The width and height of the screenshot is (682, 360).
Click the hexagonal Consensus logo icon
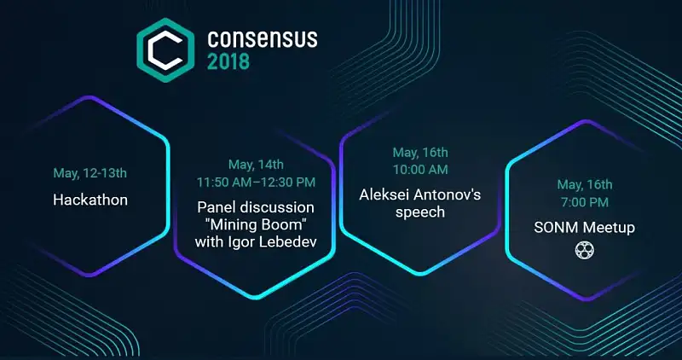coord(165,50)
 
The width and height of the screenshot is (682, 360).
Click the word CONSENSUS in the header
coord(263,39)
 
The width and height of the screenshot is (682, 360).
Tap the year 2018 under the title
coord(228,61)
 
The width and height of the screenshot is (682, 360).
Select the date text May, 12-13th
coord(90,173)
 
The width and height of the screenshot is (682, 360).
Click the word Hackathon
coord(90,200)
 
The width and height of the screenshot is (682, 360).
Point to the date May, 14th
coord(257,165)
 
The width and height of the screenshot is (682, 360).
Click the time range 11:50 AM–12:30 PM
coord(256,182)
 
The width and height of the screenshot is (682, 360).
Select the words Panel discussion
coord(256,207)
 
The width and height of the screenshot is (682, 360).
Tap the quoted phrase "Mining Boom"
coord(256,224)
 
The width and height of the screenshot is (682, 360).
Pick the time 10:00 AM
coord(420,170)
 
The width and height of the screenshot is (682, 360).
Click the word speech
coord(420,212)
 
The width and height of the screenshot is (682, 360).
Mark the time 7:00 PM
coord(585,202)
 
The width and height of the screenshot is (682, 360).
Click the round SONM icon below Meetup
coord(585,250)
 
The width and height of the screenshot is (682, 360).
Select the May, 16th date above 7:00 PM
coord(585,184)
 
